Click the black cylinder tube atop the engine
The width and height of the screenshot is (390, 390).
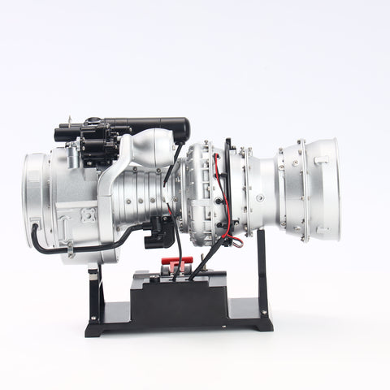coord(154,126)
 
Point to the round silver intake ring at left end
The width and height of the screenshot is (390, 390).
coord(37,199)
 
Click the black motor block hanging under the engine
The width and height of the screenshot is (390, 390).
coord(159,232)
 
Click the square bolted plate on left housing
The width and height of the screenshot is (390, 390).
coord(87,215)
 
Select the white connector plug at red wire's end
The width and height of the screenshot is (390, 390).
coord(236,240)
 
